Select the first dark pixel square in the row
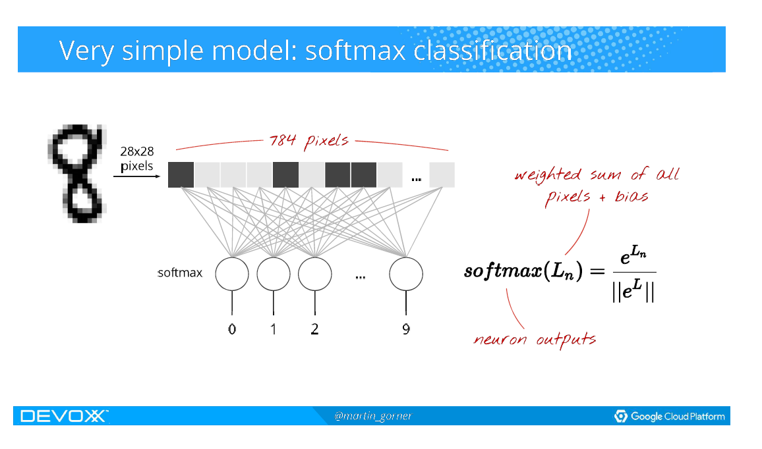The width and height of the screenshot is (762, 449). point(181,174)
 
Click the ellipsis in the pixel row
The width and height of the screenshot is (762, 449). point(416,178)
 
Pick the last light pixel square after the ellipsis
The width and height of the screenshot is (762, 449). point(442,174)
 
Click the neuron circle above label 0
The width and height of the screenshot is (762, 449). point(232,274)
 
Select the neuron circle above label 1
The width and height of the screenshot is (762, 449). point(274,274)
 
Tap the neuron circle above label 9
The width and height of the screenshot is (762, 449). point(406,274)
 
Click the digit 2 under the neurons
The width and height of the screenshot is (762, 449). point(314,329)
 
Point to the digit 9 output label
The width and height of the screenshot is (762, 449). point(406,329)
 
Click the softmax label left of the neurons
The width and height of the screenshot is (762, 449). point(180,273)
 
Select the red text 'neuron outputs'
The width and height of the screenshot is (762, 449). point(535,340)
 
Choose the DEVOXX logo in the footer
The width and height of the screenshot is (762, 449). point(64,416)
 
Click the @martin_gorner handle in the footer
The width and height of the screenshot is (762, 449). point(373,416)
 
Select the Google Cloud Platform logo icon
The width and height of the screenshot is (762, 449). point(620,416)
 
